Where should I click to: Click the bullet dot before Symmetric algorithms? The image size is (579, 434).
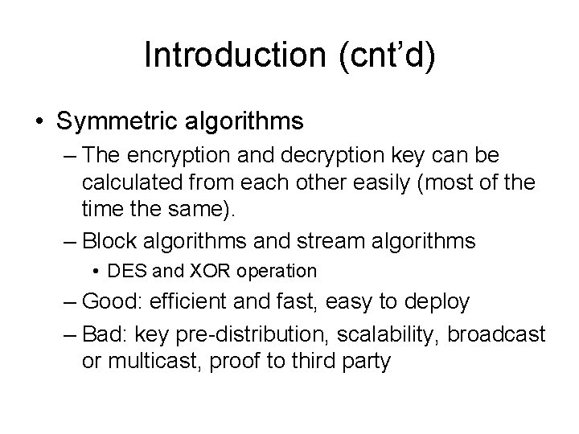pyautogui.click(x=39, y=122)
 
